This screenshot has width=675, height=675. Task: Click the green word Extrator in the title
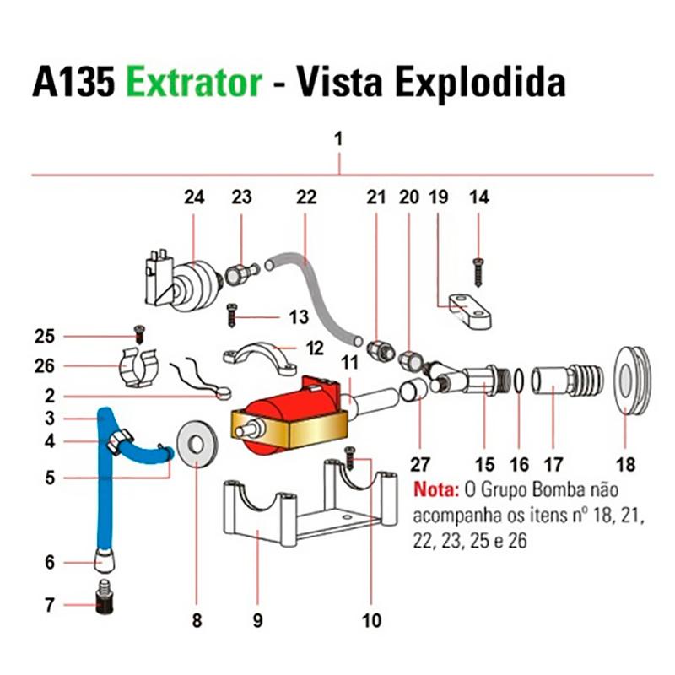pyautogui.click(x=193, y=84)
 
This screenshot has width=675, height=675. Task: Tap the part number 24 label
pyautogui.click(x=195, y=197)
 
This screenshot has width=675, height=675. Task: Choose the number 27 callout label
pyautogui.click(x=419, y=463)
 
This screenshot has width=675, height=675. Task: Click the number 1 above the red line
pyautogui.click(x=339, y=140)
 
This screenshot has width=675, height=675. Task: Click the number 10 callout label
pyautogui.click(x=371, y=621)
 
